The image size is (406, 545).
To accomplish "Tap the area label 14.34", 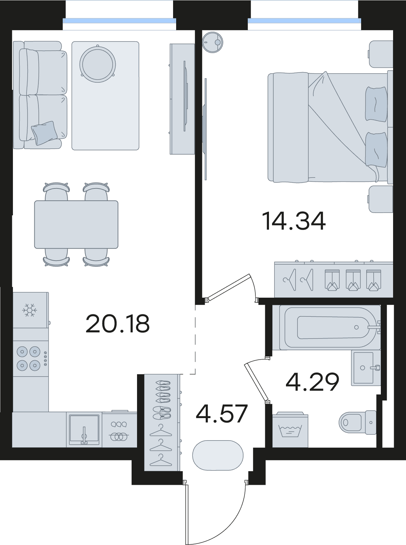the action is coord(293,221).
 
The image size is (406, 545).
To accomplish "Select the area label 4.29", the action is coord(312,382).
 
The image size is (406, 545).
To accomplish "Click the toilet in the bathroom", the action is coord(358,422).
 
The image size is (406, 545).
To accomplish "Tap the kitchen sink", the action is coord(84,430).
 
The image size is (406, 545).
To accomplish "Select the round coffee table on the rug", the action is coord(98,64).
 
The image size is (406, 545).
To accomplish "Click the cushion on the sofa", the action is coord(45,133).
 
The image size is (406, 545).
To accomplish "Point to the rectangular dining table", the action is coord(76,225).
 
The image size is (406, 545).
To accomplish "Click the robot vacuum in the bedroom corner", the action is coord(213,43).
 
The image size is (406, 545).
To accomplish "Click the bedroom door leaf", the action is coord(229,287).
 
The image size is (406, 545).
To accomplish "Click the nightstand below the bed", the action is coord(380,199).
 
